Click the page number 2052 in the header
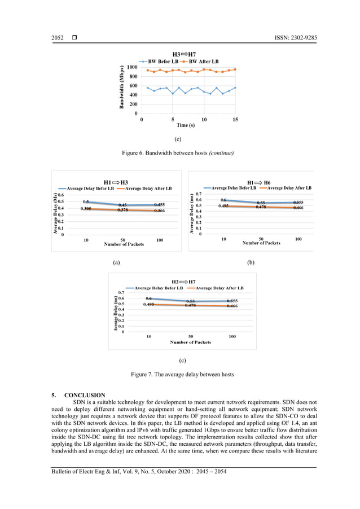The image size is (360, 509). [x=58, y=38]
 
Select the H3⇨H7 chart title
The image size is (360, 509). [x=184, y=54]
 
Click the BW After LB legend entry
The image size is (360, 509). [x=204, y=61]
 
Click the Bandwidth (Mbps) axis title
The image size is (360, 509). [x=122, y=87]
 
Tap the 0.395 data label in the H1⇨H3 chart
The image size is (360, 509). [x=86, y=209]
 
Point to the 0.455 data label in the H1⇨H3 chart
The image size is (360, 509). [x=159, y=205]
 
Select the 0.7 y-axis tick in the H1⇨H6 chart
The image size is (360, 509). [x=199, y=194]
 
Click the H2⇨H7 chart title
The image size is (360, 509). [x=183, y=281]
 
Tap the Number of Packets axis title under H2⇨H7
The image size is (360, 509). [x=191, y=342]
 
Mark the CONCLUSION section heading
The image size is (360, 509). [x=85, y=394]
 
